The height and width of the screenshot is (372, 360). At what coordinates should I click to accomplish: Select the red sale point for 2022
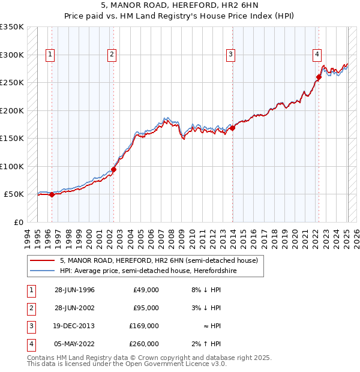tap(319, 77)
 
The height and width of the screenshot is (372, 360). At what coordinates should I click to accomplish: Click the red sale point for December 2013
tap(232, 128)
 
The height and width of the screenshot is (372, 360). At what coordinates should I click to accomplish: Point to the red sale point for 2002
tap(113, 169)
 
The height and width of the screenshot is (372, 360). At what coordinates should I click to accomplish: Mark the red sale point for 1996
tap(52, 194)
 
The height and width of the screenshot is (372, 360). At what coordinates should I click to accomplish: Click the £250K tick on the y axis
tap(12, 83)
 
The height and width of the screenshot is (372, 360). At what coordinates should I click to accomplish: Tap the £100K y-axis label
tap(12, 166)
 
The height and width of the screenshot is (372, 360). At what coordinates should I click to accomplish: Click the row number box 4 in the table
tap(29, 344)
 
